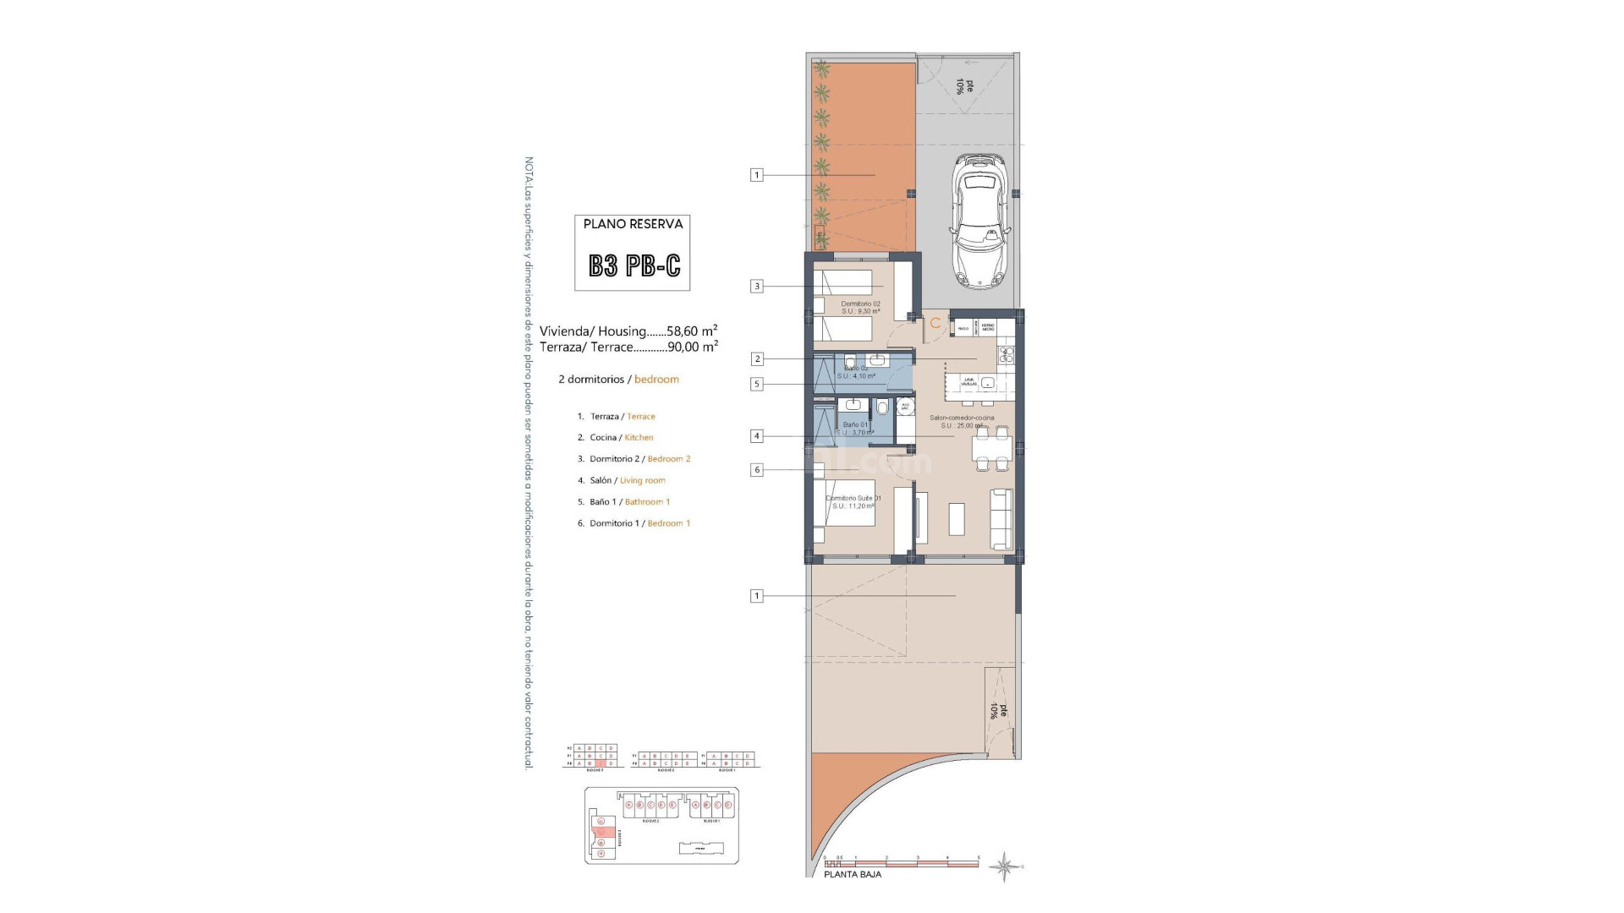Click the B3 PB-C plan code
634,266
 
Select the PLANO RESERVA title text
633,224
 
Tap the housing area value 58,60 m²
692,331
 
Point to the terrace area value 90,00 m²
692,347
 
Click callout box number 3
757,287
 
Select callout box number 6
757,470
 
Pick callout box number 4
757,436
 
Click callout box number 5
757,384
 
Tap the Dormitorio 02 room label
860,304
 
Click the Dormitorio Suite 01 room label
853,499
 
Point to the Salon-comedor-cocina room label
962,418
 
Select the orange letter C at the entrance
935,323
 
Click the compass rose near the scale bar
1005,867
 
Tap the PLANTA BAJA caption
852,875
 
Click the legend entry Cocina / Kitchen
621,438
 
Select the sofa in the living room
1001,518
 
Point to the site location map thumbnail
661,825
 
